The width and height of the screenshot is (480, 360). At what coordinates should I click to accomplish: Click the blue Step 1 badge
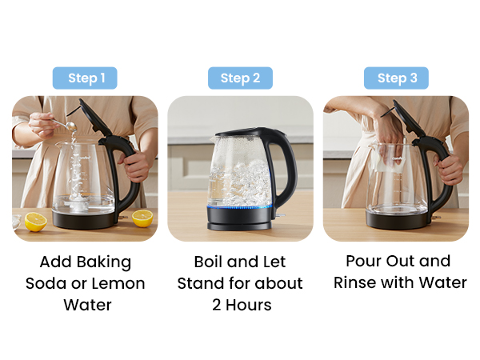coord(85,78)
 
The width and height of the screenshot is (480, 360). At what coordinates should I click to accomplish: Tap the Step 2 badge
coord(240,78)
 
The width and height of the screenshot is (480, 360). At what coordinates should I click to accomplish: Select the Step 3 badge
coord(396,78)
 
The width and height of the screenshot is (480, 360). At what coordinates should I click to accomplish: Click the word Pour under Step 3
coord(365,262)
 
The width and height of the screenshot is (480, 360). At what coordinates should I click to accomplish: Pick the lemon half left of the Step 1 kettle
coord(35,222)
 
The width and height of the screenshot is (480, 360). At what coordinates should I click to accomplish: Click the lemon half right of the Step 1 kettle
coord(142,218)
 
